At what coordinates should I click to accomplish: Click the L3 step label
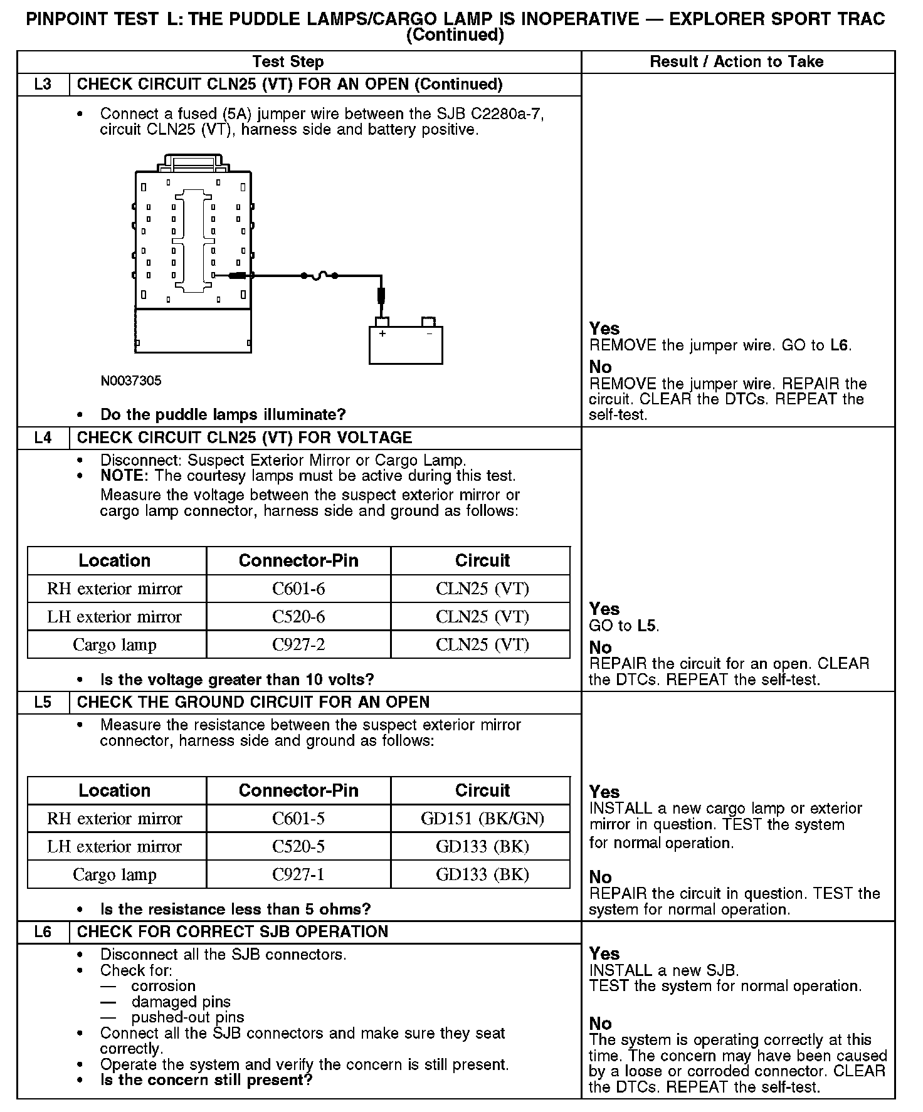43,85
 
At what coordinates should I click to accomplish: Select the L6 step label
43,932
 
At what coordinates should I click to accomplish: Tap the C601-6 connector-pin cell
298,589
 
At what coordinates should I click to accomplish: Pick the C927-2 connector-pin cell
298,645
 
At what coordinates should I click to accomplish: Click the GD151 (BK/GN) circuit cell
482,819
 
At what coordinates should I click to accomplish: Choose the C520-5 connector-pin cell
298,847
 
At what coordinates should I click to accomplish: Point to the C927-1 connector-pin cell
298,875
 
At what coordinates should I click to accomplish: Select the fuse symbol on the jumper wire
320,275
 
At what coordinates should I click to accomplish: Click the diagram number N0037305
130,380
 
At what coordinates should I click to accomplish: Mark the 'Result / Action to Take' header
737,61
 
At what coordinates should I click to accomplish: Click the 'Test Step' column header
288,61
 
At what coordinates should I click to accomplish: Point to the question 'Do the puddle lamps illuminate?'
223,415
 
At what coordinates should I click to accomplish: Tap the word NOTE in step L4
123,476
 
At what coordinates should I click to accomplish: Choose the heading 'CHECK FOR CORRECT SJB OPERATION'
233,932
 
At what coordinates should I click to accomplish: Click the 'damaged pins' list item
181,1002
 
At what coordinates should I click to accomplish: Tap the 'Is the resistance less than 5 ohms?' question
235,910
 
